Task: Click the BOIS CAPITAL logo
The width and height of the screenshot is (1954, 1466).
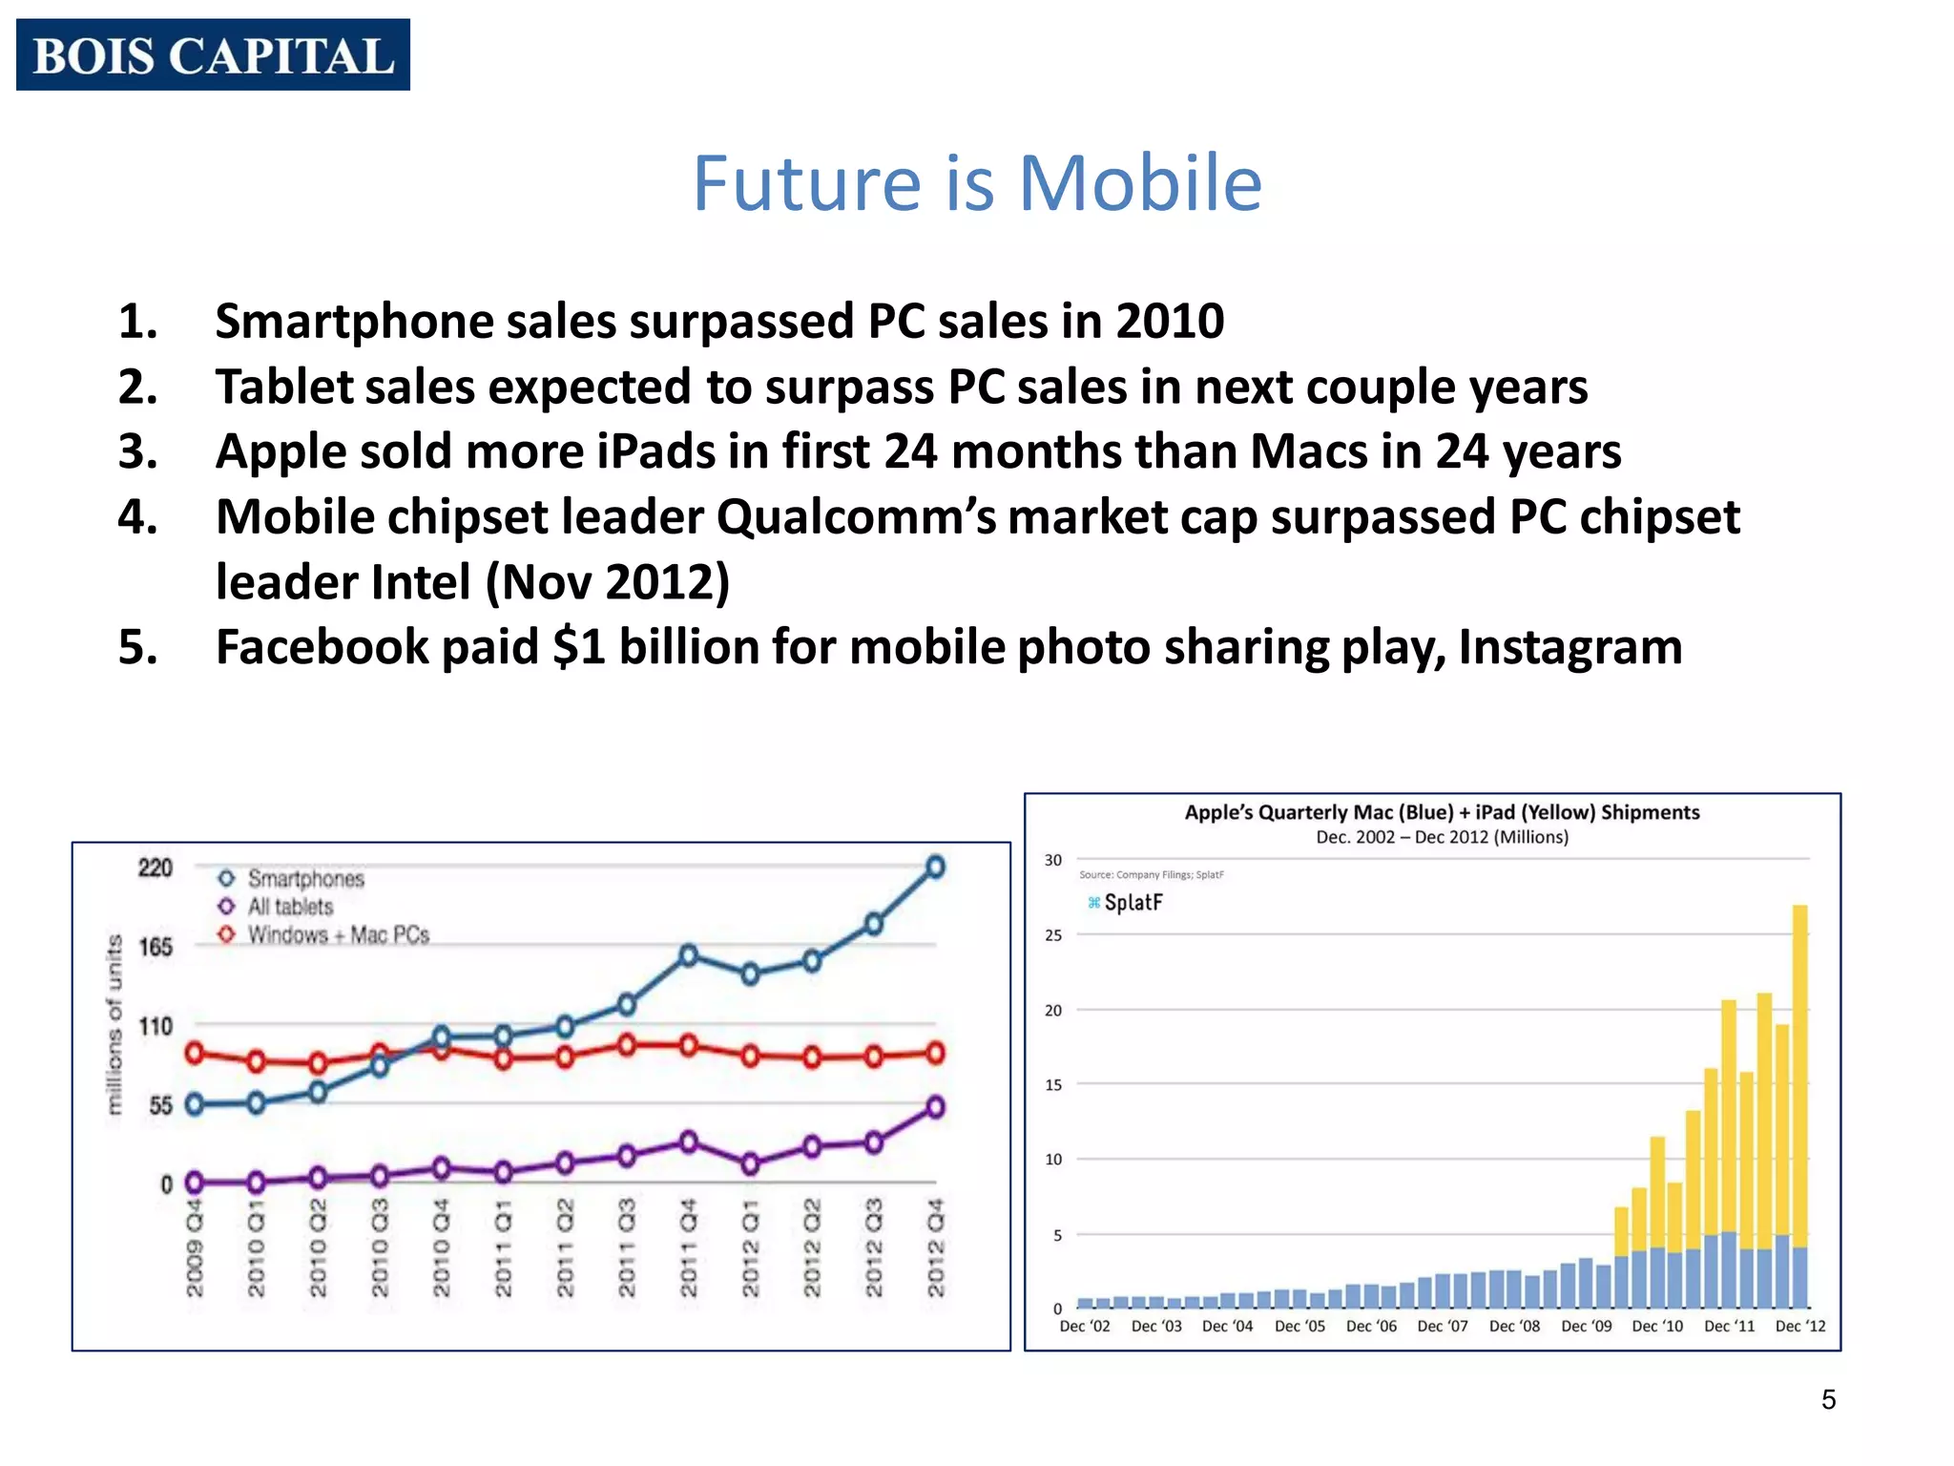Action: [213, 54]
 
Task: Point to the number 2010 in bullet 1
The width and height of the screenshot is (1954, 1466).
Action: [1170, 321]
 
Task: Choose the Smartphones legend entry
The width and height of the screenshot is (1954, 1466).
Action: [305, 878]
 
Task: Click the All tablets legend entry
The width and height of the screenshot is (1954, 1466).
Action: [290, 907]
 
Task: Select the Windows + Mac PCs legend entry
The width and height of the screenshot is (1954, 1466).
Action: [338, 935]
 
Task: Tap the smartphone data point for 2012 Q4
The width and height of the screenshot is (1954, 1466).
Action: [936, 867]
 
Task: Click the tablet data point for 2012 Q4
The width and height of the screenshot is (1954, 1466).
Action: [936, 1107]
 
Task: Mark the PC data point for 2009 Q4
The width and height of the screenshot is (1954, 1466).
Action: [195, 1054]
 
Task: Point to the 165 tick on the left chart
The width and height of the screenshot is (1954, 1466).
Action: [156, 947]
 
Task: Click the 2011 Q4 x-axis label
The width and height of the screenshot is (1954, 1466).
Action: [689, 1248]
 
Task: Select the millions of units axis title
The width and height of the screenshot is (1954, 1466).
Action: [115, 1024]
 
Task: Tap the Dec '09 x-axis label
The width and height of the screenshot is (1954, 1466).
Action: [1586, 1326]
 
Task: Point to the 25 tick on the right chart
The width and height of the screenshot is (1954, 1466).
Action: [1052, 935]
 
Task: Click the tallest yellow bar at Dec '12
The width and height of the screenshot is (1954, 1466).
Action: [1799, 1069]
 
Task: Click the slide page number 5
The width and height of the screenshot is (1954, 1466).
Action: [1828, 1399]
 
